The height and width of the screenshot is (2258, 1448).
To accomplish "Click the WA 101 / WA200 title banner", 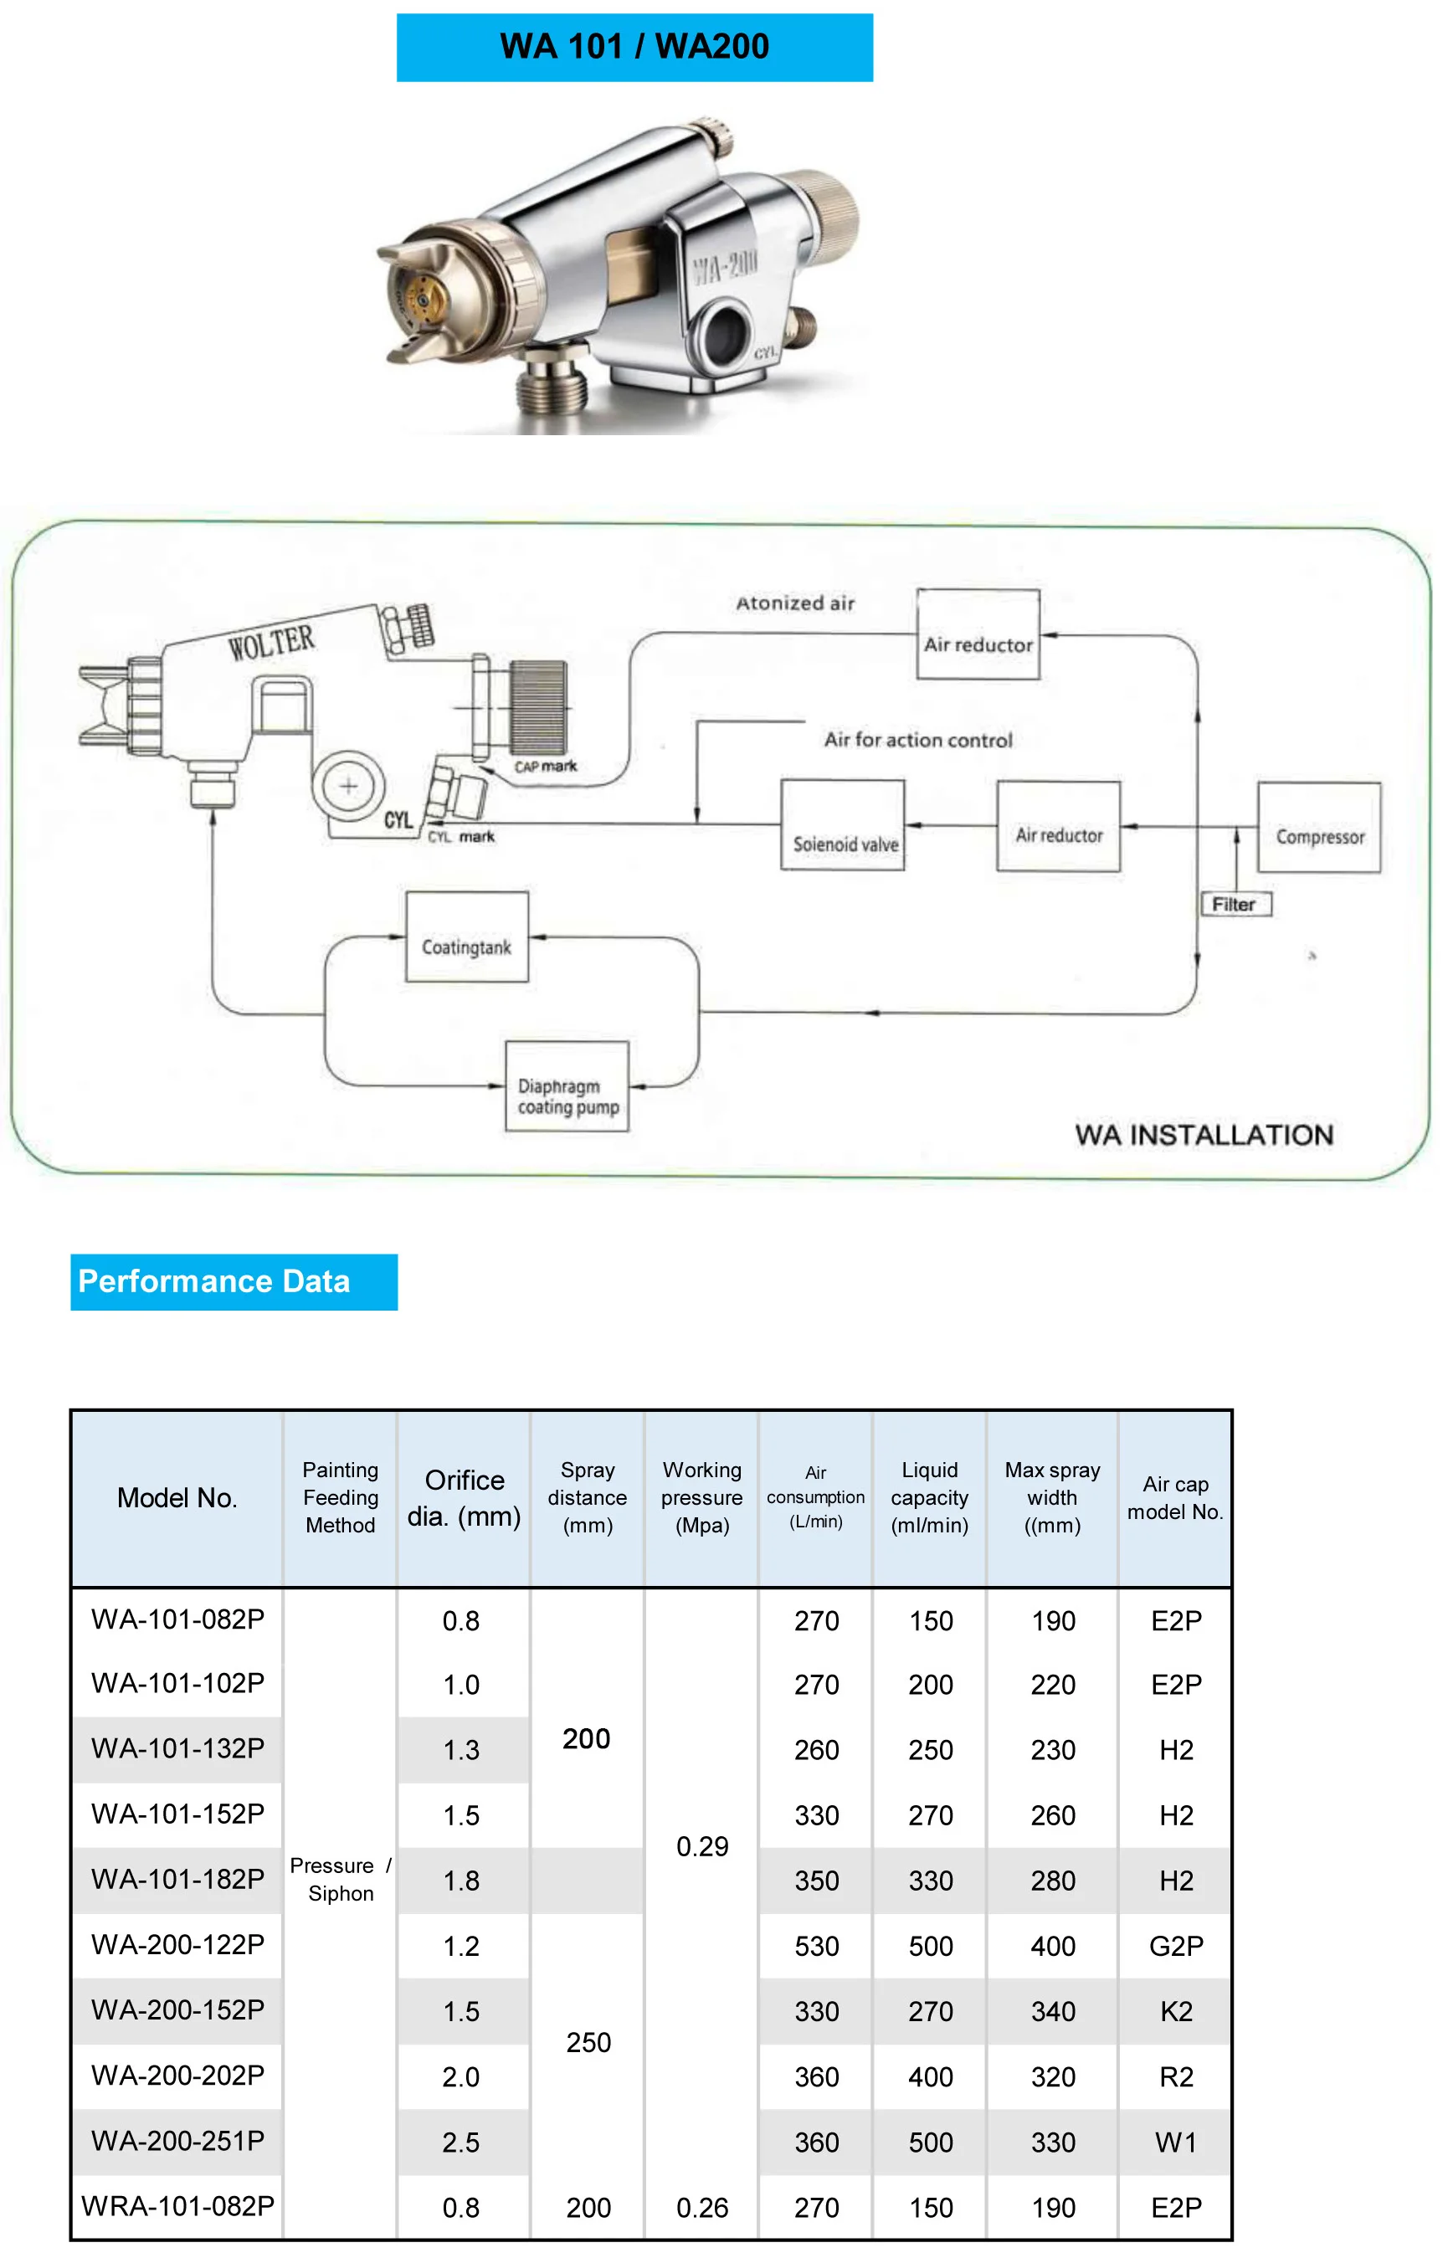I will (634, 47).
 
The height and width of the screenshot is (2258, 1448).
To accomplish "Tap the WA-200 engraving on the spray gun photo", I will (724, 266).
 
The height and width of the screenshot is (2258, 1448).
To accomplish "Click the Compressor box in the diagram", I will (1318, 827).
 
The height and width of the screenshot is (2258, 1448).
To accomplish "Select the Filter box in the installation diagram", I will (1235, 905).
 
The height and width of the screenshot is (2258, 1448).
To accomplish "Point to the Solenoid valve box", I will (843, 825).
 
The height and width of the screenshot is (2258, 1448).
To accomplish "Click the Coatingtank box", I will (466, 937).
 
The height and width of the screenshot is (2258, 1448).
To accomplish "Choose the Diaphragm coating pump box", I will (567, 1086).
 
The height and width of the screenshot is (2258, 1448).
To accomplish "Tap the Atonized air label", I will (795, 603).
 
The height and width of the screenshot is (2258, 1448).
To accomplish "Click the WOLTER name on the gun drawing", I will (271, 644).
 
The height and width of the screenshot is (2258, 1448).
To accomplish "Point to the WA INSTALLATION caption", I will (1204, 1135).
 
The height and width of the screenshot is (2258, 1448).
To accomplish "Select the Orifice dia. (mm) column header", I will (464, 1497).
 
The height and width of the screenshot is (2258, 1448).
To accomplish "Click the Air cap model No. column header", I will (1174, 1497).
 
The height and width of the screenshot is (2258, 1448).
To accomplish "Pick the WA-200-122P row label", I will (177, 1945).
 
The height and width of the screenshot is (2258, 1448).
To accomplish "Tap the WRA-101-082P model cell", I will (177, 2206).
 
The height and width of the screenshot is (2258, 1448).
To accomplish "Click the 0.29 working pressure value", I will (702, 1847).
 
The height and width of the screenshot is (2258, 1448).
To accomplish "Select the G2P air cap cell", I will (1175, 1946).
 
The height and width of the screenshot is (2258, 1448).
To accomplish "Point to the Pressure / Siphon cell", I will (341, 1879).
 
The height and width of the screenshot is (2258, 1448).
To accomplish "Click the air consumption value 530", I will (816, 1946).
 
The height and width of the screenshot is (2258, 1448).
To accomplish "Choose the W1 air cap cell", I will (1175, 2143).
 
